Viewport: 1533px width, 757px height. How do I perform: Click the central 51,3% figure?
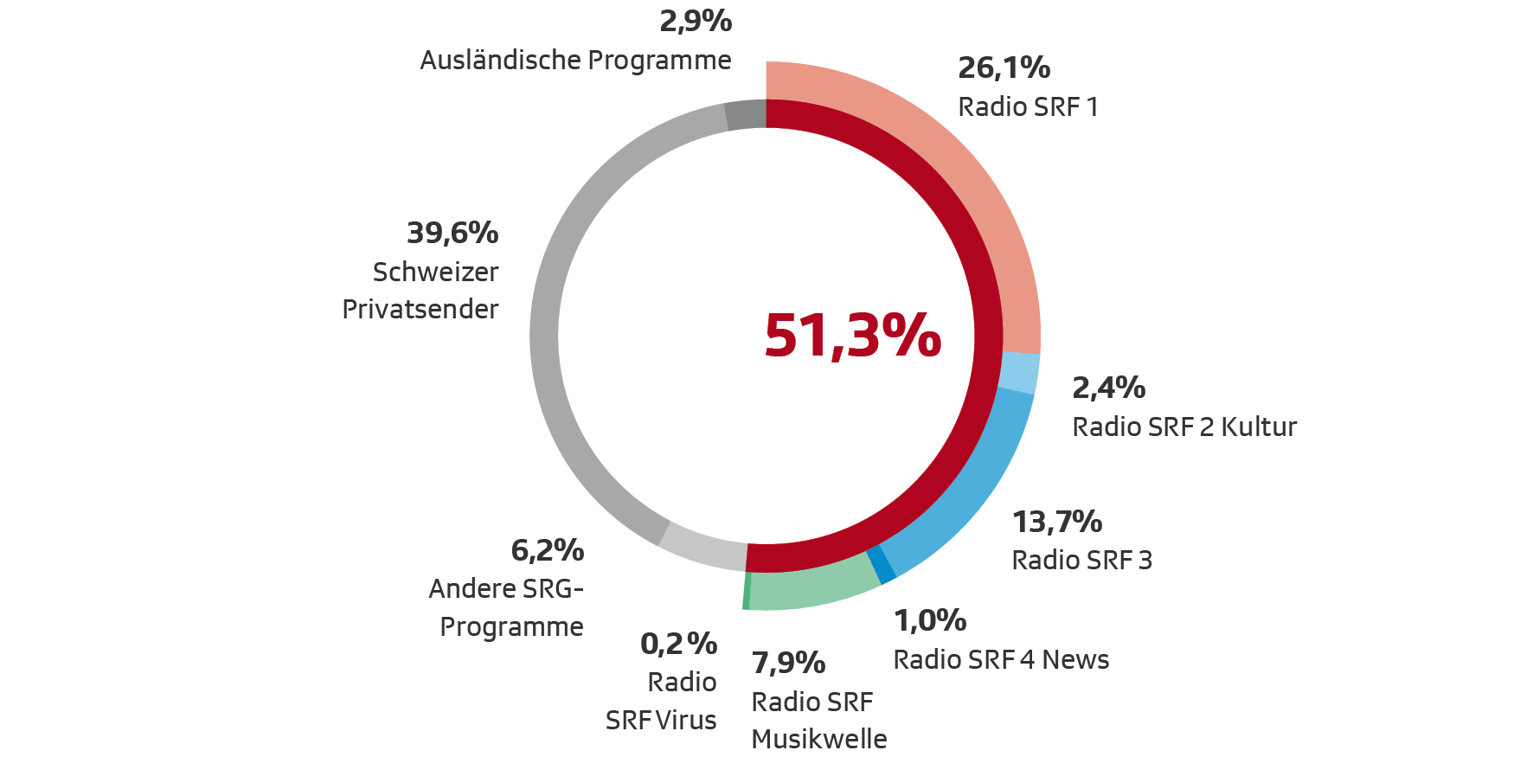(x=852, y=336)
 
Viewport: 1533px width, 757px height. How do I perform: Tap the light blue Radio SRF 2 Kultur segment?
(x=1018, y=373)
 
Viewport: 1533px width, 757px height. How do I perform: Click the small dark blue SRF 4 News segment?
(x=882, y=564)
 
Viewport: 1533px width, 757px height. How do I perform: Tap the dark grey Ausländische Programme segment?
(x=746, y=115)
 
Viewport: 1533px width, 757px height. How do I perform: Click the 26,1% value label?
(x=1004, y=67)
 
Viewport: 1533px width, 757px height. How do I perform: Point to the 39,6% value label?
(x=452, y=233)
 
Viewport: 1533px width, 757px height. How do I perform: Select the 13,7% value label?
(x=1057, y=522)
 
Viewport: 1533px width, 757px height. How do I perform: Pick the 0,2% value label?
(x=678, y=644)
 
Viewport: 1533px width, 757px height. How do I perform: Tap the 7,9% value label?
(x=788, y=663)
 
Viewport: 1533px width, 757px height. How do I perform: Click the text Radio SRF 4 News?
(x=1001, y=660)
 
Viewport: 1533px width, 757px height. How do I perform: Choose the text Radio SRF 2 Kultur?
(x=1184, y=427)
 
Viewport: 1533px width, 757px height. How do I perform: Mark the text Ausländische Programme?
(x=575, y=61)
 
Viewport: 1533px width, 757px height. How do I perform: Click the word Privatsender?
(x=420, y=309)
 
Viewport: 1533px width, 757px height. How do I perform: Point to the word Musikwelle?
(x=819, y=739)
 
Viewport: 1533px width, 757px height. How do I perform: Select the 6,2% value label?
(x=547, y=550)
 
